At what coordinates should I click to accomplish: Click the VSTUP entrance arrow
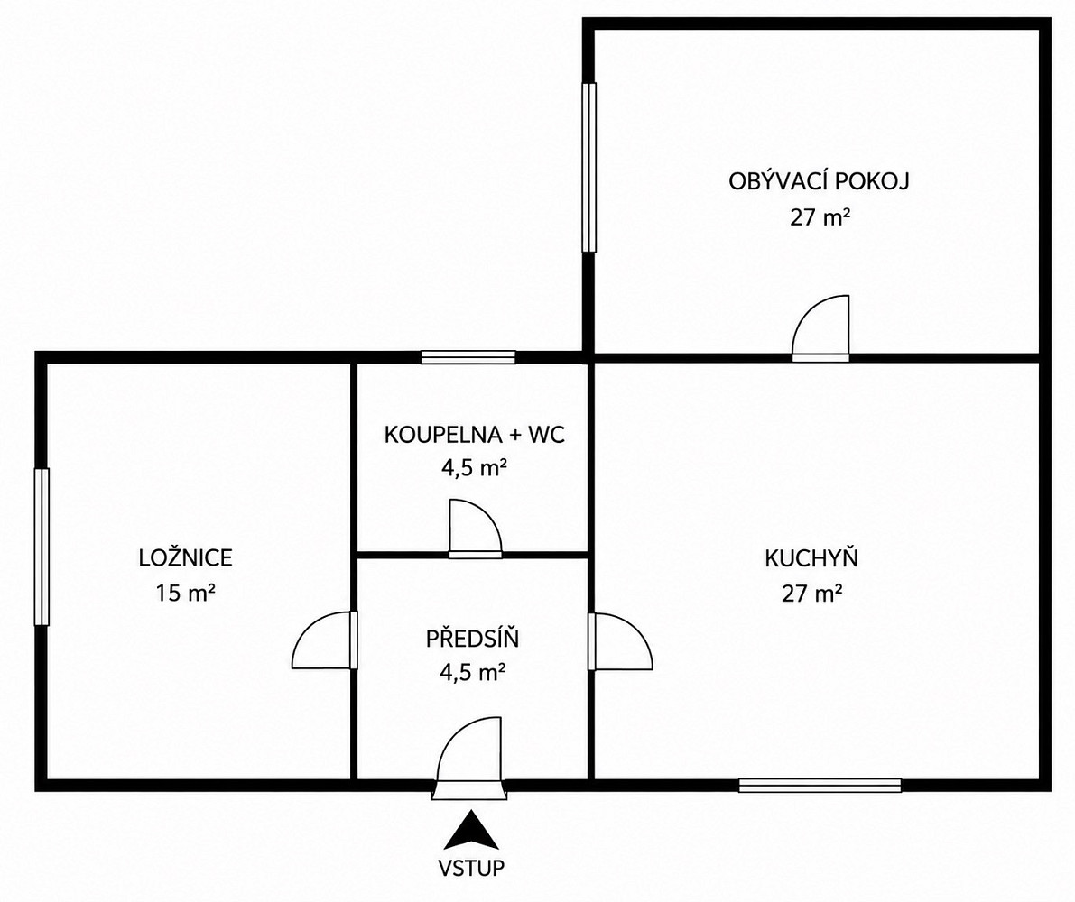470,830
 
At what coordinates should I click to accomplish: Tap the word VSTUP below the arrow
471,868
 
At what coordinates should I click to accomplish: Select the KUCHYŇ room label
811,557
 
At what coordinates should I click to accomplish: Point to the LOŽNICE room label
186,557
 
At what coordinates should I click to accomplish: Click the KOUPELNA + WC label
475,435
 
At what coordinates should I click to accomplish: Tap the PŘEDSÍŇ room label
472,638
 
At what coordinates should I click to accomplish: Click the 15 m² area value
185,592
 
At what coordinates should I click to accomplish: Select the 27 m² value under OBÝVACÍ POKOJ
820,217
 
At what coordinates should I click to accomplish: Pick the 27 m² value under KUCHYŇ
811,593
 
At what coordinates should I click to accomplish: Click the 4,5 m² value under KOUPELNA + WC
474,468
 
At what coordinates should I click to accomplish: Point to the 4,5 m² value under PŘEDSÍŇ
473,673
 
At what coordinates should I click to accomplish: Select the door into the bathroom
475,529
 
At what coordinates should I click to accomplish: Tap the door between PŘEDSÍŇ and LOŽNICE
325,640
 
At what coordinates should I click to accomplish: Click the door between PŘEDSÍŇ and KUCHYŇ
620,641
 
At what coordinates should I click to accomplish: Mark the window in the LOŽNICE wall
42,547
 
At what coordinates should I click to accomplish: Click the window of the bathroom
468,357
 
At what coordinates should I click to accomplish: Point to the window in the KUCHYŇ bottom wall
820,785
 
